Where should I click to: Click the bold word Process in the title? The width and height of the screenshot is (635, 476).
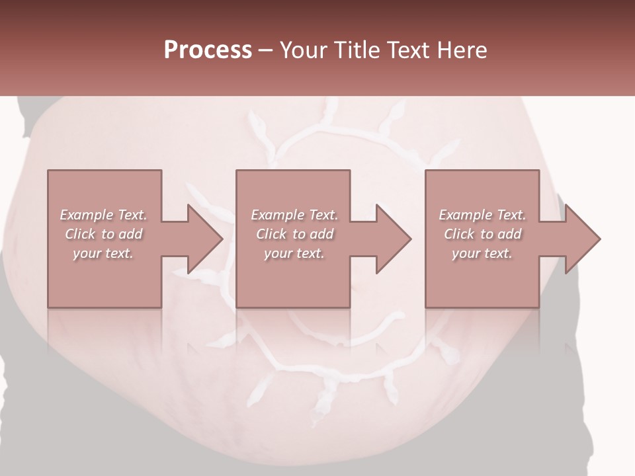(x=208, y=50)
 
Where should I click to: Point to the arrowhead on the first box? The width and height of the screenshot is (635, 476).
(x=202, y=239)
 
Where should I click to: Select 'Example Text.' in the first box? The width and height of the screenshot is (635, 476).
(x=104, y=215)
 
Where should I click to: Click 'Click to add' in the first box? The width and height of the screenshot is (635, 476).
(x=104, y=234)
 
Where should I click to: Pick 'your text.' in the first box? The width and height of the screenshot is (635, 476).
(x=104, y=253)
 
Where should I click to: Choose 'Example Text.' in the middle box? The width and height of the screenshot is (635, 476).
(x=294, y=215)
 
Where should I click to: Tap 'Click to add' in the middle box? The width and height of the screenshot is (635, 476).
(x=294, y=234)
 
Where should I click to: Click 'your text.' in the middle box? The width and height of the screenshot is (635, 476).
(x=294, y=253)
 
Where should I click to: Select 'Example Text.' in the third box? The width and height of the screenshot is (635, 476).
(x=482, y=215)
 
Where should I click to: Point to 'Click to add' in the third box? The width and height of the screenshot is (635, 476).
(x=482, y=234)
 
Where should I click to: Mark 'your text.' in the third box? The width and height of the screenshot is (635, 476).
(x=482, y=253)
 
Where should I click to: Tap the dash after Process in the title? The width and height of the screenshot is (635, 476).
(x=266, y=50)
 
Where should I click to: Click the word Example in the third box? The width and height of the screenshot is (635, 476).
(x=466, y=215)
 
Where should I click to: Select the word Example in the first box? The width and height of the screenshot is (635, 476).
(x=87, y=215)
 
